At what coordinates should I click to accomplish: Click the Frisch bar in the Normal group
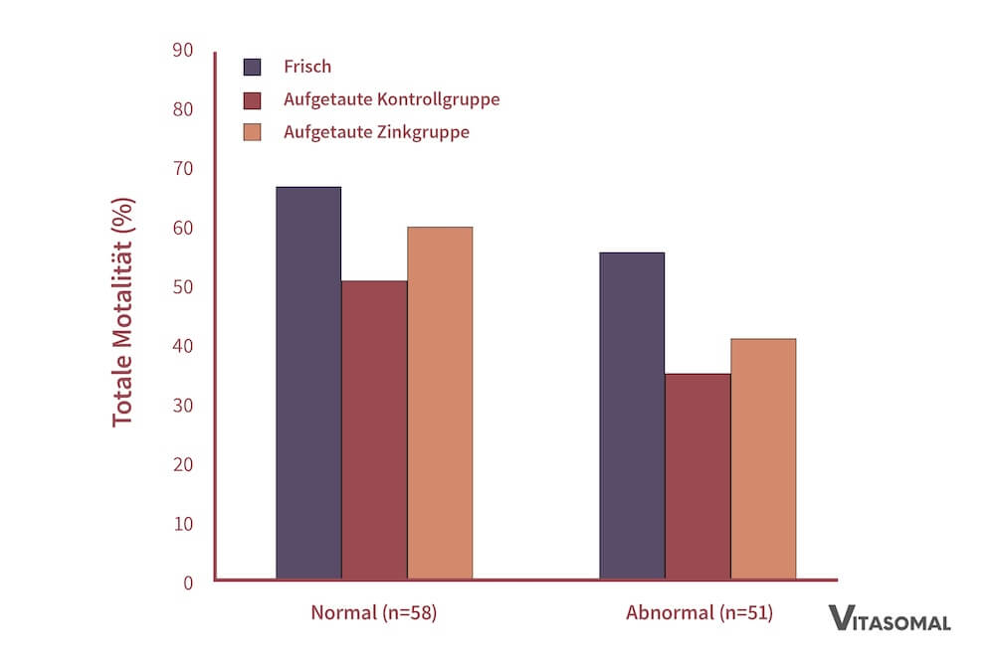point(308,383)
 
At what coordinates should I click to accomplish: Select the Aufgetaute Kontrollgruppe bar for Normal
point(374,429)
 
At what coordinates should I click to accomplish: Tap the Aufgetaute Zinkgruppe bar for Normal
point(440,403)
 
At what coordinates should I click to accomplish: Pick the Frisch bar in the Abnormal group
point(632,416)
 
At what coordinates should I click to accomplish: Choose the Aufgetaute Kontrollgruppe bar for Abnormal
point(697,476)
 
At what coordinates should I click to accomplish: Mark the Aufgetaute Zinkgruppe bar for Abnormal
point(763,458)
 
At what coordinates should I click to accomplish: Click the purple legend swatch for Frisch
point(252,67)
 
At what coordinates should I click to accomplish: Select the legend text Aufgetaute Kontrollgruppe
point(391,99)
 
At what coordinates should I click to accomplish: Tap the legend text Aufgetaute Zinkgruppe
point(376,132)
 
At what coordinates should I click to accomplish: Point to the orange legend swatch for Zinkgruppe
point(252,132)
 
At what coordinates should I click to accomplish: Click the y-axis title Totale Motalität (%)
point(122,312)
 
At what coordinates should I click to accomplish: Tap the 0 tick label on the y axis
point(187,583)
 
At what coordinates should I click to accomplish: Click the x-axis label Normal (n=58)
point(374,613)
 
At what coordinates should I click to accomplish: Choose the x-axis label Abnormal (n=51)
point(698,613)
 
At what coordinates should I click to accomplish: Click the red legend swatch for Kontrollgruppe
point(252,99)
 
